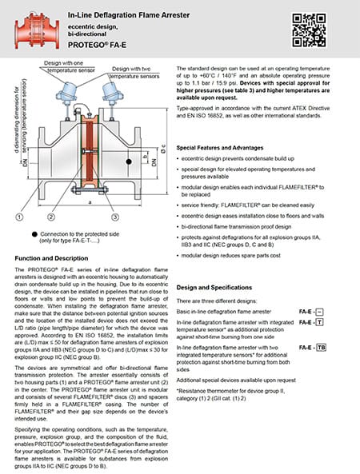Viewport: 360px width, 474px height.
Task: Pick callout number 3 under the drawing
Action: [x=115, y=215]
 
